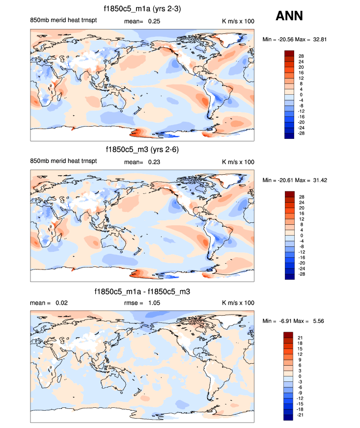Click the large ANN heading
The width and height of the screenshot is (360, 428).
289,16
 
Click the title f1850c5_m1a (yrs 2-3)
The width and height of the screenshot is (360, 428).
142,9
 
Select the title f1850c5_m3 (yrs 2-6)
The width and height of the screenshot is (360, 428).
142,150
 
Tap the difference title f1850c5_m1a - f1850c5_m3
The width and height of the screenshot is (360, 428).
142,292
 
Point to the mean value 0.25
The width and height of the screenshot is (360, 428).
155,22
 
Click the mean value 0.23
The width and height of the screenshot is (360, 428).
155,162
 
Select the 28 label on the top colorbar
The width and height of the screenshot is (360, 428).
301,56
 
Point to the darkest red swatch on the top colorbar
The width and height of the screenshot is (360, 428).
288,53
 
